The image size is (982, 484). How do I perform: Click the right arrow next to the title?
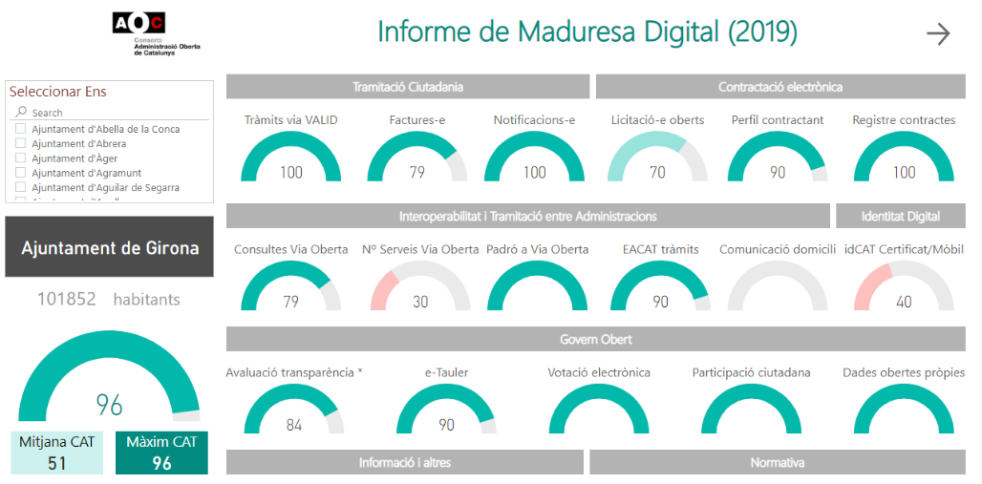click(938, 34)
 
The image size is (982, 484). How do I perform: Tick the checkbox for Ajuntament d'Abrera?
click(21, 144)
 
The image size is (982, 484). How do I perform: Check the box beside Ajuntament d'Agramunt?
click(21, 173)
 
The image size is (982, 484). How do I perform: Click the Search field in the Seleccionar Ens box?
click(110, 113)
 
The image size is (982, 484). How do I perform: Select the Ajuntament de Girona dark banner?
click(110, 248)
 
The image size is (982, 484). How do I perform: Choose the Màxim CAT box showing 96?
click(161, 453)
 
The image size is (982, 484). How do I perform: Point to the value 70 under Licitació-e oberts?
click(657, 173)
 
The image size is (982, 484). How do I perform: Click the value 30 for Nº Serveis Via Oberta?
click(420, 302)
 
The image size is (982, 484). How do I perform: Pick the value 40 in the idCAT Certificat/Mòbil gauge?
click(904, 302)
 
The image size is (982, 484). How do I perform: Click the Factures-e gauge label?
click(417, 120)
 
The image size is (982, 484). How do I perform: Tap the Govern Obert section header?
click(595, 339)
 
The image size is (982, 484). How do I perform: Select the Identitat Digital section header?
click(900, 216)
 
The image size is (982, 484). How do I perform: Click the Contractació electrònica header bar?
click(780, 87)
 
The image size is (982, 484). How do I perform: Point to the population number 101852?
click(67, 299)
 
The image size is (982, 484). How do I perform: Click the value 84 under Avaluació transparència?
click(294, 425)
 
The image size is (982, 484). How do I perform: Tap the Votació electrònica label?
click(599, 372)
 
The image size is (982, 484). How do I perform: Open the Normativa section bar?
click(778, 462)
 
